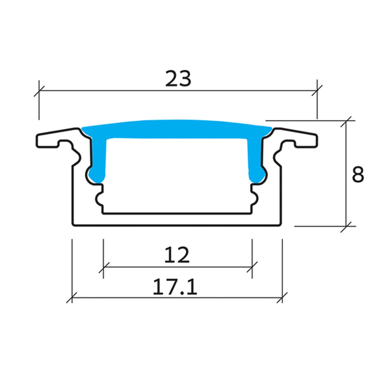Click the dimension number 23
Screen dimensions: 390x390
click(178, 78)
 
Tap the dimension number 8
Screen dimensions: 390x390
click(358, 174)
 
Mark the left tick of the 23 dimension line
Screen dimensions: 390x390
click(39, 91)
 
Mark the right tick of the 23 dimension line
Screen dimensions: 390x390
click(317, 91)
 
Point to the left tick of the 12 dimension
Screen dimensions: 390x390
click(103, 267)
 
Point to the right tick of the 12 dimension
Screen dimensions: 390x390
click(252, 267)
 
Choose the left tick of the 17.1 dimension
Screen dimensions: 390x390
click(72, 297)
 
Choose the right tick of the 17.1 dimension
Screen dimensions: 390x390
click(282, 297)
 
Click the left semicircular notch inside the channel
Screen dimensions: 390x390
click(99, 199)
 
